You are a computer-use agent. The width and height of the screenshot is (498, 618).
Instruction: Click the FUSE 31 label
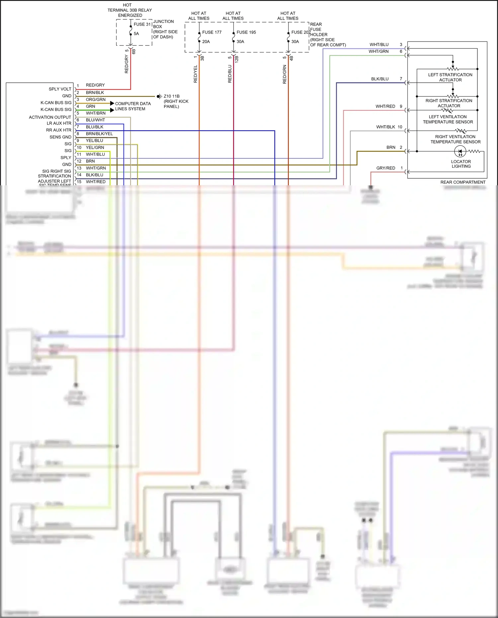coord(142,24)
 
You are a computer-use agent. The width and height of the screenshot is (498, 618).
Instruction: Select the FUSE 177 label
coord(212,32)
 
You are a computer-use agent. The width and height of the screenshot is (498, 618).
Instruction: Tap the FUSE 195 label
coord(246,32)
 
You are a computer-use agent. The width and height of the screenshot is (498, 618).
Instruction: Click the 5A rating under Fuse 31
coord(136,34)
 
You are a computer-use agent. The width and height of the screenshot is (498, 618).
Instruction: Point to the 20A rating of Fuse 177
coord(206,42)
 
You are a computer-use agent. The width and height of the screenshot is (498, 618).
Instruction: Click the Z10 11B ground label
coord(172,96)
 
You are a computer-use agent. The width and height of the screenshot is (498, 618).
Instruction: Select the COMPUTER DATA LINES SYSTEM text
coord(133,106)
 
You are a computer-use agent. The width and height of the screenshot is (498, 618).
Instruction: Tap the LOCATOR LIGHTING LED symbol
coord(460,152)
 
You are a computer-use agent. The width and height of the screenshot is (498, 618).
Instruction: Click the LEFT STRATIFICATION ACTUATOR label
coord(450,77)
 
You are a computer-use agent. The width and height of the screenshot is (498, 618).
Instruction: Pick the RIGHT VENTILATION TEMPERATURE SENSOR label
coord(456,139)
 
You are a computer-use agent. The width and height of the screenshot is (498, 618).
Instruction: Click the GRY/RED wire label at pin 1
coord(385,168)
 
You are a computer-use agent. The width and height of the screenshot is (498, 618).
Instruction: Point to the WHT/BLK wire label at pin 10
coord(385,127)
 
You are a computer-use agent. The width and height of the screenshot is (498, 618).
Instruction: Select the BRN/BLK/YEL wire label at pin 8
coord(99,134)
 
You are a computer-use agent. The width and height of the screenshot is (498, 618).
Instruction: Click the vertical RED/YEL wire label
coord(195,74)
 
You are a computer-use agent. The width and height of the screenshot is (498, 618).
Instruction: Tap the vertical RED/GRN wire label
coord(285,74)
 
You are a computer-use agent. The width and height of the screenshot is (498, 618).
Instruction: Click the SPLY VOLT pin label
coord(60,89)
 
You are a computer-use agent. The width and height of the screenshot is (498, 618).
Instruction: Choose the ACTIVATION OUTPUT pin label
coord(50,117)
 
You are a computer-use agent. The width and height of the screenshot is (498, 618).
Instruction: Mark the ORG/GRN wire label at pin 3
coord(96,100)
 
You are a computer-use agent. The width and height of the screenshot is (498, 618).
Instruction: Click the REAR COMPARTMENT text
coord(463,182)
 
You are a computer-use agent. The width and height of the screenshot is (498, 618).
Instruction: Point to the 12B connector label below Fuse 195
coord(237,59)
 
